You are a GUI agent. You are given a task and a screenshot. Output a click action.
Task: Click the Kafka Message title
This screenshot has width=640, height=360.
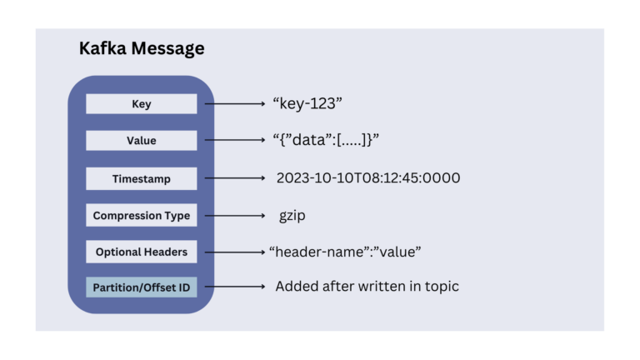[142, 49]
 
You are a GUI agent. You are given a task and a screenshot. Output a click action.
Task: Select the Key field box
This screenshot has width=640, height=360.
[141, 104]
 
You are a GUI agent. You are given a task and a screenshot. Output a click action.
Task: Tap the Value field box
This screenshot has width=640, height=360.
[141, 141]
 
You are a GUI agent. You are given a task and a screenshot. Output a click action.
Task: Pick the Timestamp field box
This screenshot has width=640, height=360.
[141, 178]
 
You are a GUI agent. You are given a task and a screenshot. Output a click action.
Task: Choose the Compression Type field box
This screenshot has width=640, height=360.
[141, 215]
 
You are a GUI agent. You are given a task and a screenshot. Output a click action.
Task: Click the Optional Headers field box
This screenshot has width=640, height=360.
[141, 251]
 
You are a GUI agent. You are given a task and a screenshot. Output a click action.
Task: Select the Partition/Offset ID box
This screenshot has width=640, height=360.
[141, 287]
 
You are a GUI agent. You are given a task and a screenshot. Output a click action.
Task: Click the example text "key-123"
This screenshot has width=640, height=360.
[308, 103]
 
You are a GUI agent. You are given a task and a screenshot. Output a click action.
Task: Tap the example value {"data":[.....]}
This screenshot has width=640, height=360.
[326, 141]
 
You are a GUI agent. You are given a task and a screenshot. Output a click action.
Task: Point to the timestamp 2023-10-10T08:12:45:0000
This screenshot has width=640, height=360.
[368, 178]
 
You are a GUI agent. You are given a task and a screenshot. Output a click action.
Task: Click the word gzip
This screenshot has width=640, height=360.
[294, 215]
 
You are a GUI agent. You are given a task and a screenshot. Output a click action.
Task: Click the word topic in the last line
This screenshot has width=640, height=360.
[439, 287]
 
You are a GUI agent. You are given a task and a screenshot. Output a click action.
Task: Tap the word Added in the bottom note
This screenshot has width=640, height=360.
[295, 286]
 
